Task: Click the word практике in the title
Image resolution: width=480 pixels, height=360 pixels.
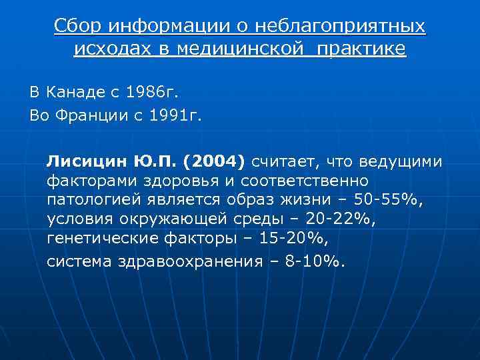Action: coord(362,49)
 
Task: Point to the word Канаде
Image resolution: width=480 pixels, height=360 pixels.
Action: coord(69,92)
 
